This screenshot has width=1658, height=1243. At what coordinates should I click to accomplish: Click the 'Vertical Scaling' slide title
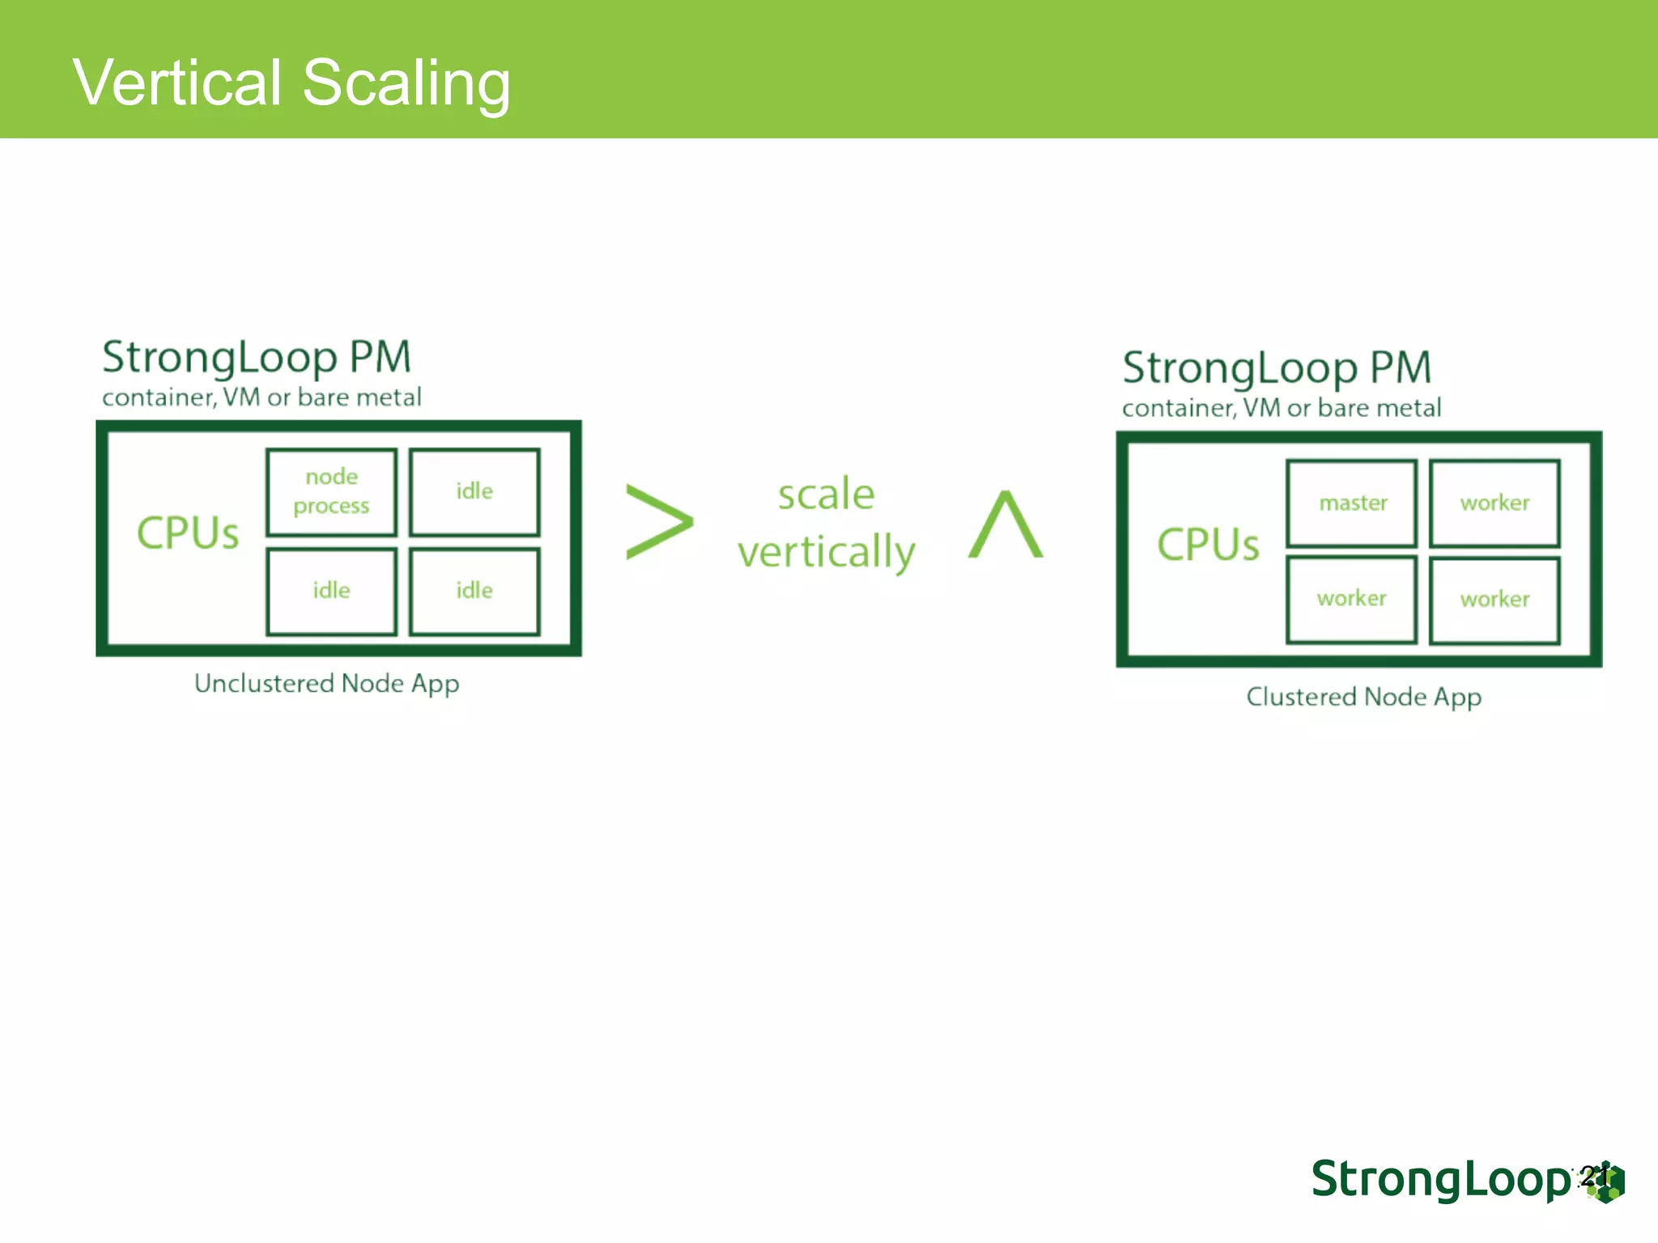(x=291, y=83)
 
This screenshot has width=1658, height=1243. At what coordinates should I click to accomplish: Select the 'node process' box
(x=331, y=492)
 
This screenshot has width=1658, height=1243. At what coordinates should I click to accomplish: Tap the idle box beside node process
(x=474, y=492)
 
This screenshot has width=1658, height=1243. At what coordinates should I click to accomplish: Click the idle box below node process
(x=331, y=592)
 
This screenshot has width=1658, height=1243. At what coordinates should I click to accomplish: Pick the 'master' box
(x=1352, y=503)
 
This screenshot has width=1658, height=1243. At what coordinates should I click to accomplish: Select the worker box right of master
(x=1494, y=503)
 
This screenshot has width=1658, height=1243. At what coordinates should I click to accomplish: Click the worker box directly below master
(x=1352, y=600)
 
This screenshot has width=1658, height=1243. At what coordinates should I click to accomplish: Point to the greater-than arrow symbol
(x=659, y=522)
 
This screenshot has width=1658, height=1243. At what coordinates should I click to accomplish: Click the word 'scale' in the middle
(x=826, y=494)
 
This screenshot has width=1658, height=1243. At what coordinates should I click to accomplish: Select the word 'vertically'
(x=826, y=553)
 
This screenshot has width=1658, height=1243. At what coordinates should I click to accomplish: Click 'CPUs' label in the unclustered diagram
(x=188, y=533)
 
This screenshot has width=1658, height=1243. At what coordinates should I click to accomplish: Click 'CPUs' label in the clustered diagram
(x=1208, y=545)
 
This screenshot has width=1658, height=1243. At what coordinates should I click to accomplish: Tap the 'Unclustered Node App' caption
(x=326, y=684)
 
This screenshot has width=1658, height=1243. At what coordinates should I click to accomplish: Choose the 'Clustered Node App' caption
(x=1363, y=697)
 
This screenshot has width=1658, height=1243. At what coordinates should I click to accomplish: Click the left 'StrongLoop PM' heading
(x=257, y=358)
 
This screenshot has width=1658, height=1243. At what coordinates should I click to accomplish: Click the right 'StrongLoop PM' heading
(x=1277, y=368)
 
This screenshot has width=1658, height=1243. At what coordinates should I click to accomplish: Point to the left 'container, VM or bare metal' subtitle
(x=261, y=397)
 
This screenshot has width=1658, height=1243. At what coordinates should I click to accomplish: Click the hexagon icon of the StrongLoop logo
(x=1607, y=1183)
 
